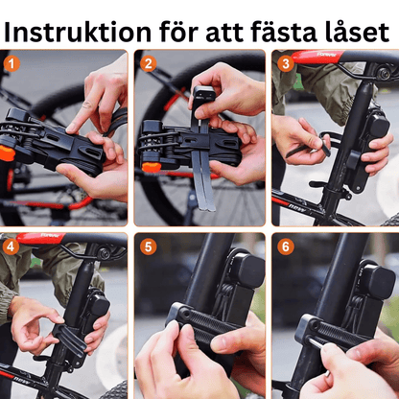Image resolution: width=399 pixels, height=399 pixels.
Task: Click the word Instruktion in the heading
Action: point(78,32)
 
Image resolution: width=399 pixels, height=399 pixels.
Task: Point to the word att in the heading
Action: point(224,33)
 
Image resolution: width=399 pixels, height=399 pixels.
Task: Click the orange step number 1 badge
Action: point(12,64)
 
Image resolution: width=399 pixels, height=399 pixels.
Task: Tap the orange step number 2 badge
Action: point(149,64)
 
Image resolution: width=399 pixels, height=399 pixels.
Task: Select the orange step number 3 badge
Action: point(286,63)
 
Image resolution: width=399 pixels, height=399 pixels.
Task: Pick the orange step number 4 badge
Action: point(11,246)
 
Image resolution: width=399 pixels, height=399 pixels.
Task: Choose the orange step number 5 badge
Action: point(149,246)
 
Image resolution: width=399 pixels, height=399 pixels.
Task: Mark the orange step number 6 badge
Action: point(286,246)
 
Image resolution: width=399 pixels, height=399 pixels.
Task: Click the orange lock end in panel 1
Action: point(7,153)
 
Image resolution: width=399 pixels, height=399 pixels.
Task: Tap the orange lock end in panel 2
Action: point(151,167)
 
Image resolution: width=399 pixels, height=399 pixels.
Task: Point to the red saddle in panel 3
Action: point(317,57)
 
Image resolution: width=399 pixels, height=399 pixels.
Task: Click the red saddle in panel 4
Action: point(41,238)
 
